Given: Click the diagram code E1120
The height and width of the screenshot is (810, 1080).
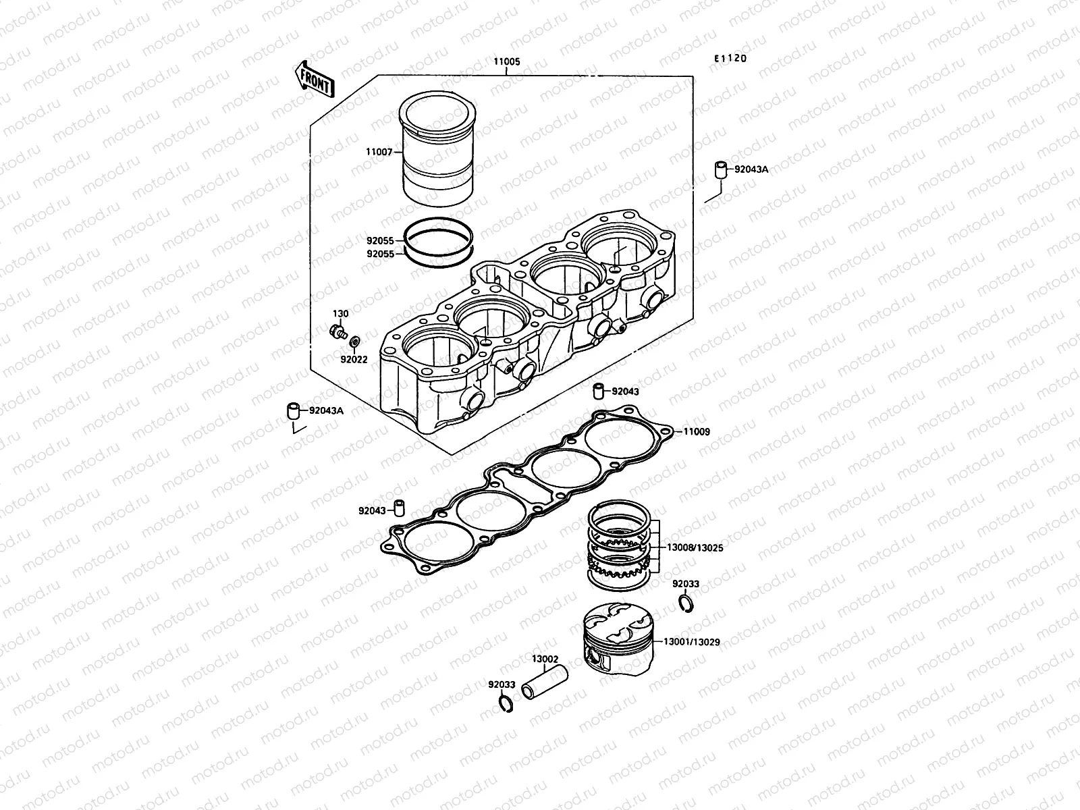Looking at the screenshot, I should (x=731, y=59).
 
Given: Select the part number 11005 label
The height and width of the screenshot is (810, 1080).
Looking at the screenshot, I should (x=507, y=61).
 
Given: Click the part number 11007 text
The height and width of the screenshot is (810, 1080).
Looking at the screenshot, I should (x=379, y=153).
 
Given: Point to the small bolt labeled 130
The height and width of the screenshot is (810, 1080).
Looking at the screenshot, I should (x=336, y=331).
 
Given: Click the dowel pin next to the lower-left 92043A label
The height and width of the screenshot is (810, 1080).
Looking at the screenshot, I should (x=293, y=410).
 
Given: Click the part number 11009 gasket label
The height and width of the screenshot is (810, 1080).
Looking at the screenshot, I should (x=697, y=431).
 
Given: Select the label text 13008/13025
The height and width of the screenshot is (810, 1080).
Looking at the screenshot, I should (x=695, y=548).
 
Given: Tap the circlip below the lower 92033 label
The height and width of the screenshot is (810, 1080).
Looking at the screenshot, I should (x=503, y=703).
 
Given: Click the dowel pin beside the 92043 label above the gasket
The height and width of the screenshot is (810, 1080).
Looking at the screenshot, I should (x=597, y=391).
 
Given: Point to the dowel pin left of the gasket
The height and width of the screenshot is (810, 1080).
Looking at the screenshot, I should (x=400, y=507).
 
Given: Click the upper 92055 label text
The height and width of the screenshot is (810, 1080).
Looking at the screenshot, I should (x=380, y=240).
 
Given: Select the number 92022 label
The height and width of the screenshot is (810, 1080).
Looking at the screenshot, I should (x=354, y=360).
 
